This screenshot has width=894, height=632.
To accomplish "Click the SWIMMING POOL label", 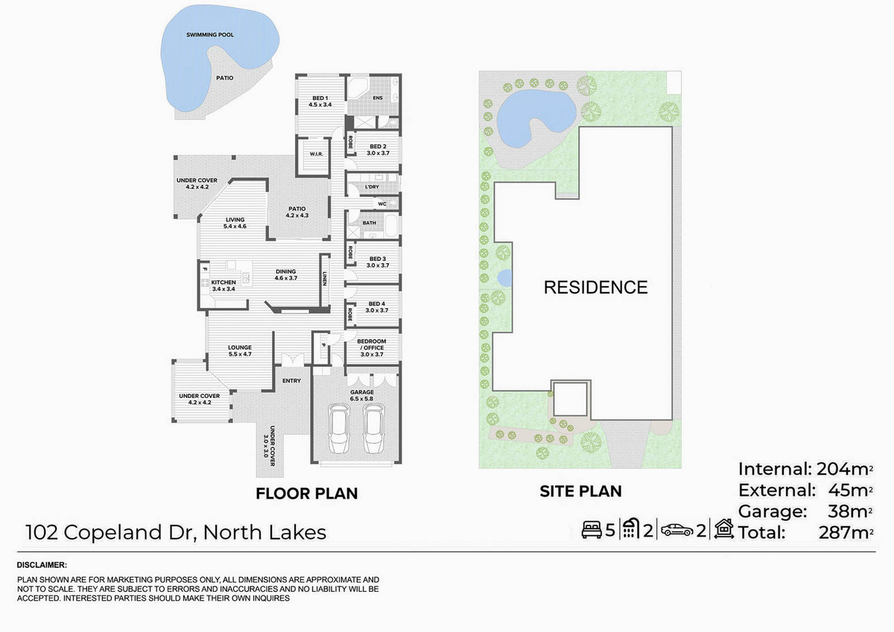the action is (x=210, y=35).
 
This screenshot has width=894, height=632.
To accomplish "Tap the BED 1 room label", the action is (x=320, y=98).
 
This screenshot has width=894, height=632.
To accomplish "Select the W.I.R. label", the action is (x=316, y=154).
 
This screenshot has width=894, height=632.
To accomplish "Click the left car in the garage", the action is (x=338, y=429).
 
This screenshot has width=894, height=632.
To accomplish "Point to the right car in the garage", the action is (x=373, y=429).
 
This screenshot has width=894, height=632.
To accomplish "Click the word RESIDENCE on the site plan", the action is (x=595, y=288).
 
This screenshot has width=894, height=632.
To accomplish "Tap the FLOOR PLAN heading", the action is (x=306, y=493).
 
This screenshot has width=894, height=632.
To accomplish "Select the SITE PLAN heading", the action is (x=580, y=491).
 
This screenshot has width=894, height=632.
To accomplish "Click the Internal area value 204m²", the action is (x=845, y=469).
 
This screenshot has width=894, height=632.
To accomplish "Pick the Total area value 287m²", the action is (x=846, y=533).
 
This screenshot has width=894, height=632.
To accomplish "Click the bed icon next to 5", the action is (x=592, y=530).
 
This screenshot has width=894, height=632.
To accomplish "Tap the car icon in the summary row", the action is (x=677, y=530).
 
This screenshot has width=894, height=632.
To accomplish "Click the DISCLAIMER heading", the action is (x=42, y=565).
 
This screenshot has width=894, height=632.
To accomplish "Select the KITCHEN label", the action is (x=223, y=282).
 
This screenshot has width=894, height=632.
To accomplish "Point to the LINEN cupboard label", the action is (x=325, y=279).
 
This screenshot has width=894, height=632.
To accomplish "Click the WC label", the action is (x=382, y=204).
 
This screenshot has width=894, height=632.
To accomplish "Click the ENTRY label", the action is (x=291, y=381).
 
